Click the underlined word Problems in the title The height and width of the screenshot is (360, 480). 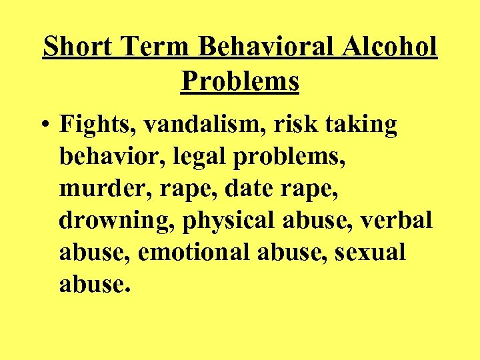pyautogui.click(x=240, y=81)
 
